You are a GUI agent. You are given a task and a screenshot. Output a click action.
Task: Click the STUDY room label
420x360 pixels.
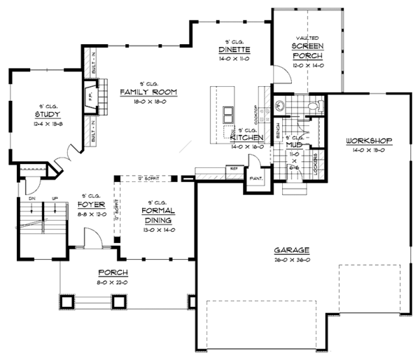47,114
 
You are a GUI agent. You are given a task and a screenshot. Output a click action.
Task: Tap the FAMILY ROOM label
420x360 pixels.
148,92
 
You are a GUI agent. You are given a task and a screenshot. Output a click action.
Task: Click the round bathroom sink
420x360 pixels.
279,106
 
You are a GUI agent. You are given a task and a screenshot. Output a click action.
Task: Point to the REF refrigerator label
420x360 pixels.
232,168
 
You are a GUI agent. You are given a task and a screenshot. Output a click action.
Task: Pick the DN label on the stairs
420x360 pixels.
32,199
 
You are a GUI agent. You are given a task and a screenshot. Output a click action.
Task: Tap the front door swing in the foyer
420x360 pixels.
91,240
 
